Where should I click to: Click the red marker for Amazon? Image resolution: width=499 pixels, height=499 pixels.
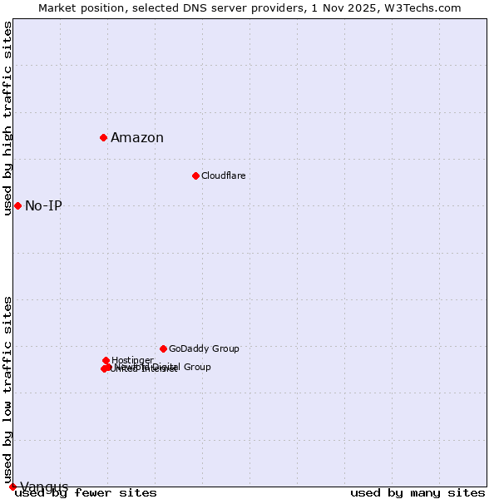(103, 137)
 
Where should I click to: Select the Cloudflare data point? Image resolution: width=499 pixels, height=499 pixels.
(195, 175)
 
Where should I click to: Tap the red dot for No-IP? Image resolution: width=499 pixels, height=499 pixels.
(17, 205)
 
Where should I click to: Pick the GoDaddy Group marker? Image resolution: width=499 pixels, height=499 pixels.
(163, 348)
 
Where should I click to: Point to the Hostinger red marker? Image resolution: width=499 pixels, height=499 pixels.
(106, 360)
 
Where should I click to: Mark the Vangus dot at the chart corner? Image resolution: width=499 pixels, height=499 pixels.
(12, 487)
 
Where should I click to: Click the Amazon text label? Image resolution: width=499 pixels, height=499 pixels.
(137, 138)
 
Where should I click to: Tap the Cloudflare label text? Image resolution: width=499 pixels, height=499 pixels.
(223, 175)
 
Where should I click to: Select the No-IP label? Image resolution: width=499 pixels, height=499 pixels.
(43, 206)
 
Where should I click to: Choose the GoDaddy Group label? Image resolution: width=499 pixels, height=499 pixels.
(204, 348)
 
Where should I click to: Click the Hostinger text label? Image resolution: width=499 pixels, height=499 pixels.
(132, 360)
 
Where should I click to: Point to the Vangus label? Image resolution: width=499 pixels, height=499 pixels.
(44, 487)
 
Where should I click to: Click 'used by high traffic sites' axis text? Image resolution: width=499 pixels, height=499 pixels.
(8, 118)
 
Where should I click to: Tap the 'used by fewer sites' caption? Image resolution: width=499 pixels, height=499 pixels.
(86, 492)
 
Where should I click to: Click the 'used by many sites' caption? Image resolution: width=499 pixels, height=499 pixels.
(417, 492)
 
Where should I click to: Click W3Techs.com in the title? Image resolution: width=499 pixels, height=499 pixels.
(427, 7)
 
